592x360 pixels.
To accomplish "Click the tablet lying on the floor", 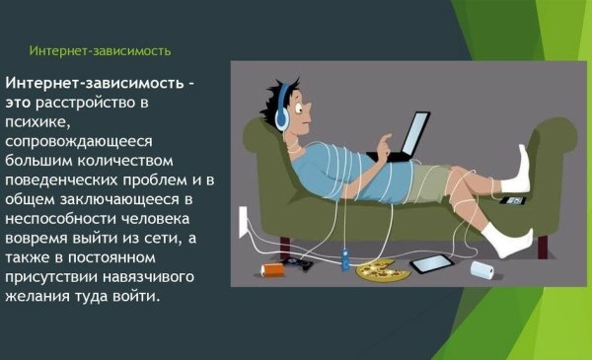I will (430, 263).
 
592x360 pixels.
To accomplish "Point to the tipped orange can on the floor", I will (268, 268).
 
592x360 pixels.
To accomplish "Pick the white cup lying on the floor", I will (484, 267).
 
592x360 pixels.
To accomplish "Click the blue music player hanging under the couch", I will (344, 261).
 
